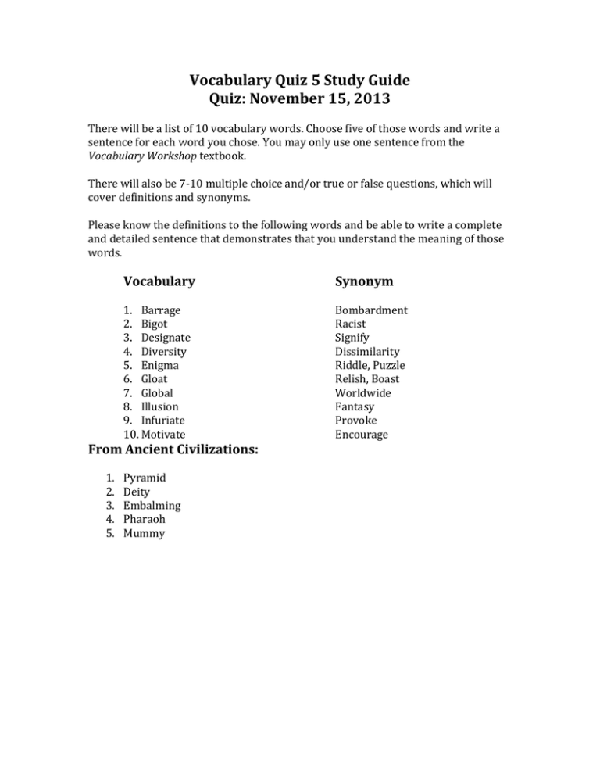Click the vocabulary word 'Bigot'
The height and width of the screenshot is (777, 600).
pyautogui.click(x=154, y=324)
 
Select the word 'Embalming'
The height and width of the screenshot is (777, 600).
pyautogui.click(x=152, y=505)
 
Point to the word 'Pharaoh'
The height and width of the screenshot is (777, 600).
pyautogui.click(x=145, y=519)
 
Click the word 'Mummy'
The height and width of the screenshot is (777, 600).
pyautogui.click(x=144, y=533)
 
